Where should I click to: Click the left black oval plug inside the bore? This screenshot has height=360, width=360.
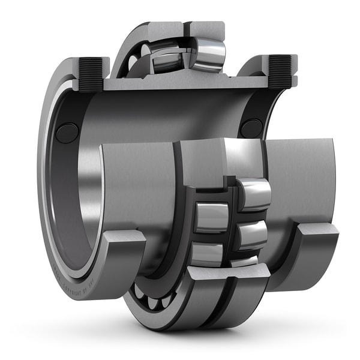67,133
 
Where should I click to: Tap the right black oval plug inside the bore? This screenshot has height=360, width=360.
251,128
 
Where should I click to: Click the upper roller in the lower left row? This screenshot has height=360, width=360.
211,217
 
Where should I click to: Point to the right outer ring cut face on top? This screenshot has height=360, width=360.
204,28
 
